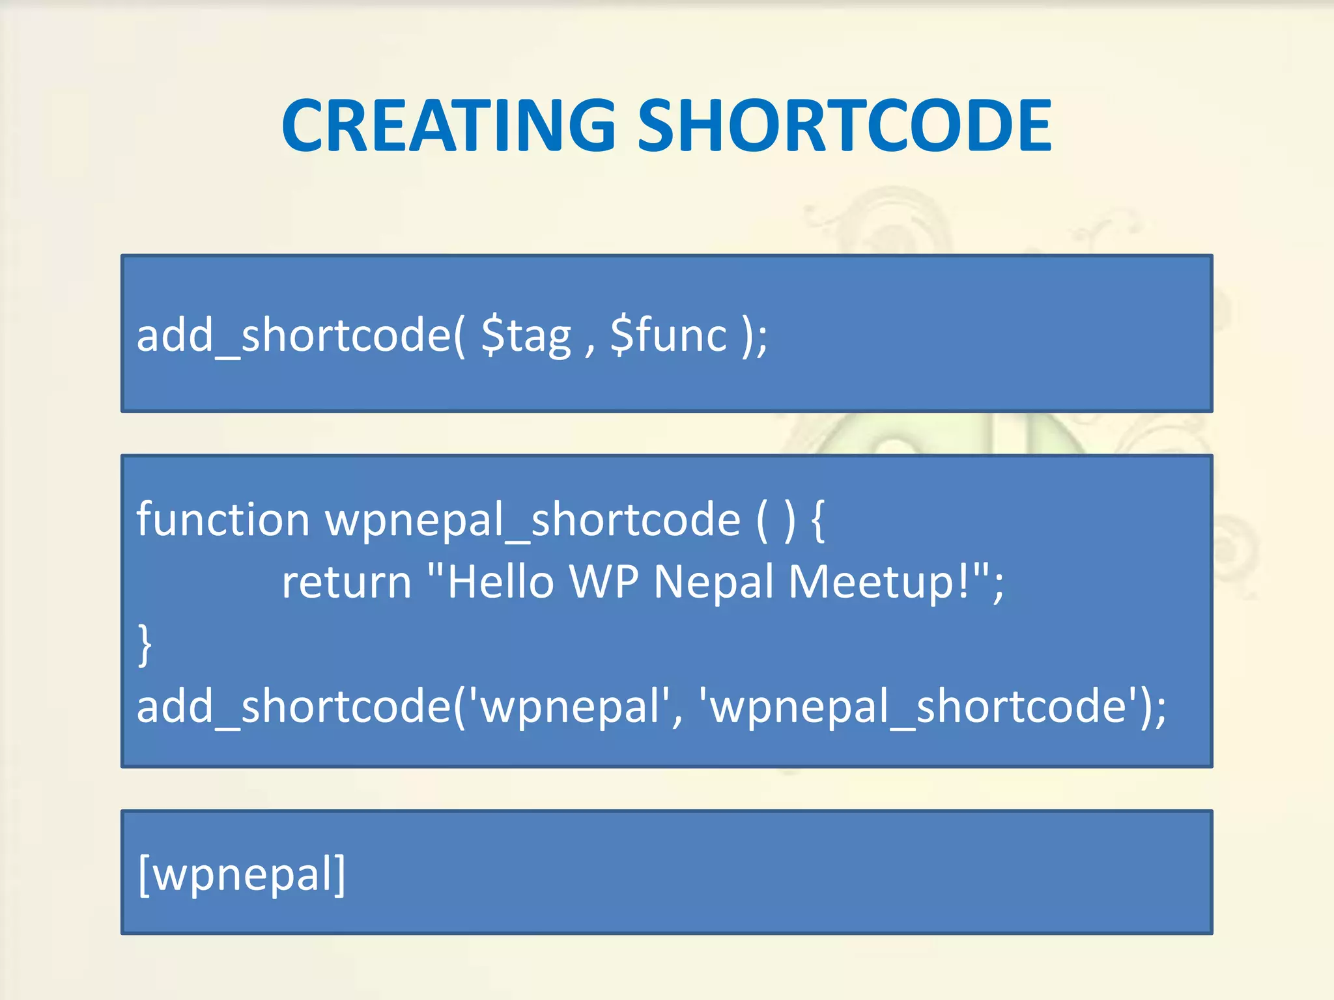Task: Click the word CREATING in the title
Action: [x=449, y=125]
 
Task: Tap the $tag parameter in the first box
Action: [x=526, y=336]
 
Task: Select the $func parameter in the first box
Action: [x=668, y=336]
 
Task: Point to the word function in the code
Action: [x=223, y=520]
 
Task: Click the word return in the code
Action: [x=347, y=582]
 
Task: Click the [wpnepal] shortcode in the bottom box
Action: [x=242, y=875]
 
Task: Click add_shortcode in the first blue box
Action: [x=293, y=336]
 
